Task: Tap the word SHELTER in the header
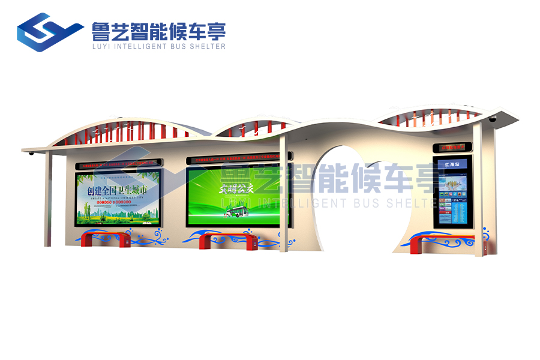(x=209, y=46)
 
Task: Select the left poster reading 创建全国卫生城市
(x=118, y=198)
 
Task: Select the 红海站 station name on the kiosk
(x=451, y=164)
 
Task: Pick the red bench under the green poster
(x=229, y=239)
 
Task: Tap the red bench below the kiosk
(x=442, y=244)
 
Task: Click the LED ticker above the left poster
(x=118, y=162)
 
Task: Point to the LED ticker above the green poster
(x=238, y=160)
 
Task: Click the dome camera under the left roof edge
(x=31, y=154)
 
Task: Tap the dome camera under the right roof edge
(x=493, y=119)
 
